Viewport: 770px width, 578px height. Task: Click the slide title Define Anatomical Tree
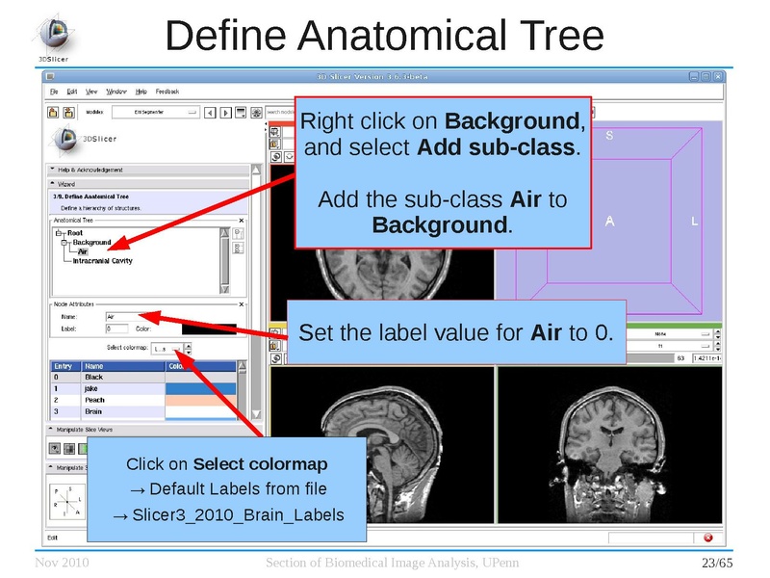(x=384, y=36)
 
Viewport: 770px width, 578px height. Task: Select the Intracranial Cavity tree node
(x=102, y=261)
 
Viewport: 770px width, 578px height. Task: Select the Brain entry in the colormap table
(x=93, y=411)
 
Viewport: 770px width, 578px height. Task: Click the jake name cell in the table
(x=91, y=388)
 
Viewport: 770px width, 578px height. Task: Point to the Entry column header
(x=63, y=366)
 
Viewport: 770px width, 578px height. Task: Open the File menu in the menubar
(x=55, y=92)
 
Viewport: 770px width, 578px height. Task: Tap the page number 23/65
(x=717, y=563)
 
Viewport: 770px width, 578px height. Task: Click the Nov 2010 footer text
(x=62, y=563)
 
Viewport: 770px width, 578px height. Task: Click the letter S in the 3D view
(x=609, y=136)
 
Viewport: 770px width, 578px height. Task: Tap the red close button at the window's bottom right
(x=708, y=538)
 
